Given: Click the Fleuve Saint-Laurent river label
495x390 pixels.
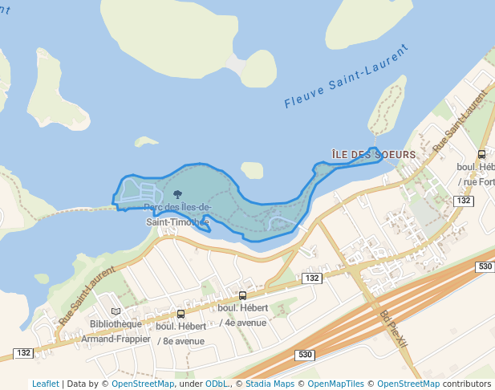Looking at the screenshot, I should click(x=347, y=76).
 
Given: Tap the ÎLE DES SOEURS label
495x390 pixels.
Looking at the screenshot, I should click(x=374, y=154).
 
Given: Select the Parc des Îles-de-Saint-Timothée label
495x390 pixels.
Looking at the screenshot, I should click(x=177, y=214).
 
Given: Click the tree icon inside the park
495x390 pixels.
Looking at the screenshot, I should click(x=177, y=194).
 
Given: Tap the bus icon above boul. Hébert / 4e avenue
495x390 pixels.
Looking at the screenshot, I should click(x=243, y=295).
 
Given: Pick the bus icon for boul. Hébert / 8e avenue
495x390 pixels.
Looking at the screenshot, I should click(x=181, y=314).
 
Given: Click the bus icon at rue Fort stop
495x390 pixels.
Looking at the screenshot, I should click(x=481, y=154).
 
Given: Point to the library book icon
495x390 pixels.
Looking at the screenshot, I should click(x=116, y=311).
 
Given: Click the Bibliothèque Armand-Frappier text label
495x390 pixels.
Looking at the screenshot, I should click(x=116, y=331).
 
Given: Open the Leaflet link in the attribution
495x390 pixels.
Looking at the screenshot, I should click(x=45, y=384).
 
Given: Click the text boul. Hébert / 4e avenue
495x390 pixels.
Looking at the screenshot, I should click(x=242, y=315).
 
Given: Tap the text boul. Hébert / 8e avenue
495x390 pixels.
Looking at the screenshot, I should click(x=180, y=333).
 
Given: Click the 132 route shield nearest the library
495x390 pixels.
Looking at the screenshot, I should click(x=23, y=353).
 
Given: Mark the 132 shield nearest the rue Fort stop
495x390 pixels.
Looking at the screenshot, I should click(x=462, y=201).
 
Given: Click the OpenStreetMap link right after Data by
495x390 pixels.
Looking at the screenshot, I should click(x=143, y=384).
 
